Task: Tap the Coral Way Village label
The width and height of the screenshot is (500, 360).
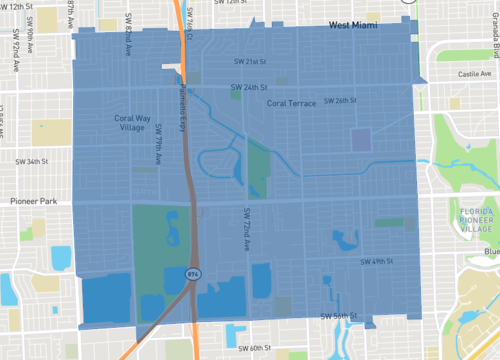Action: (x=126, y=123)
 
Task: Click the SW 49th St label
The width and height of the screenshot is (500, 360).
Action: (x=378, y=262)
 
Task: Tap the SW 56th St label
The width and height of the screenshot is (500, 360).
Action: (x=339, y=316)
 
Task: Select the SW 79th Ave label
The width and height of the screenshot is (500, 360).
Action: (x=157, y=143)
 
